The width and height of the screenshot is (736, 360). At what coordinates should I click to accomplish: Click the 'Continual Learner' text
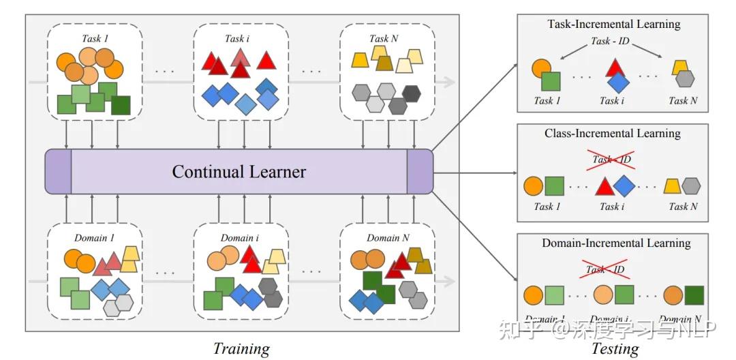click(x=239, y=170)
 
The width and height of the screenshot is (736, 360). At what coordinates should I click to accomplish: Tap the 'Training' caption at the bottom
click(x=241, y=348)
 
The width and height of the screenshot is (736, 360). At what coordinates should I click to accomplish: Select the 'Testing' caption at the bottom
click(x=615, y=348)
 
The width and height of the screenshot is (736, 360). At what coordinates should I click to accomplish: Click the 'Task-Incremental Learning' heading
click(x=613, y=24)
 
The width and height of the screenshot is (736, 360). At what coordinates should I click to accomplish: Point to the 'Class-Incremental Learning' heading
click(x=613, y=134)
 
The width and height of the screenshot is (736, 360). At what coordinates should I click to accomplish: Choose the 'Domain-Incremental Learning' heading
click(x=616, y=243)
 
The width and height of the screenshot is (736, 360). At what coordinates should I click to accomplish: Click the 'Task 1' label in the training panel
click(x=95, y=38)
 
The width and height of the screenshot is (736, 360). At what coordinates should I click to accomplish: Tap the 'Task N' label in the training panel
click(x=383, y=38)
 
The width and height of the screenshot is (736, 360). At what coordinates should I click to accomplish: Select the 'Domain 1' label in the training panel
click(x=95, y=238)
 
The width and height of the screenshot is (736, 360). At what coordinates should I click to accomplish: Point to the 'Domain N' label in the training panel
click(x=387, y=238)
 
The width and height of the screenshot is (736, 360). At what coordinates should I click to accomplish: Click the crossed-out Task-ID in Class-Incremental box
click(x=611, y=160)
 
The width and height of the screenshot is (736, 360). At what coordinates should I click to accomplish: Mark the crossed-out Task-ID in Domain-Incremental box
click(x=605, y=269)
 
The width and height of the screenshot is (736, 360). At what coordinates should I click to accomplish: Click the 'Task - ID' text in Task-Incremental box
click(x=610, y=41)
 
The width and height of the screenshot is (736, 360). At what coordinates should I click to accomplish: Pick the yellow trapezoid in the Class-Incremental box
click(x=672, y=185)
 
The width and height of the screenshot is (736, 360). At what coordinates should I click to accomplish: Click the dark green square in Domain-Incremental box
click(x=694, y=295)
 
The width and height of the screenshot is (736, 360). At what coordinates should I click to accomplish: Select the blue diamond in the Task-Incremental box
click(x=618, y=82)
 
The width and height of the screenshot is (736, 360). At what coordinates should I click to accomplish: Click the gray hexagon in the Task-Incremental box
click(x=684, y=78)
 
